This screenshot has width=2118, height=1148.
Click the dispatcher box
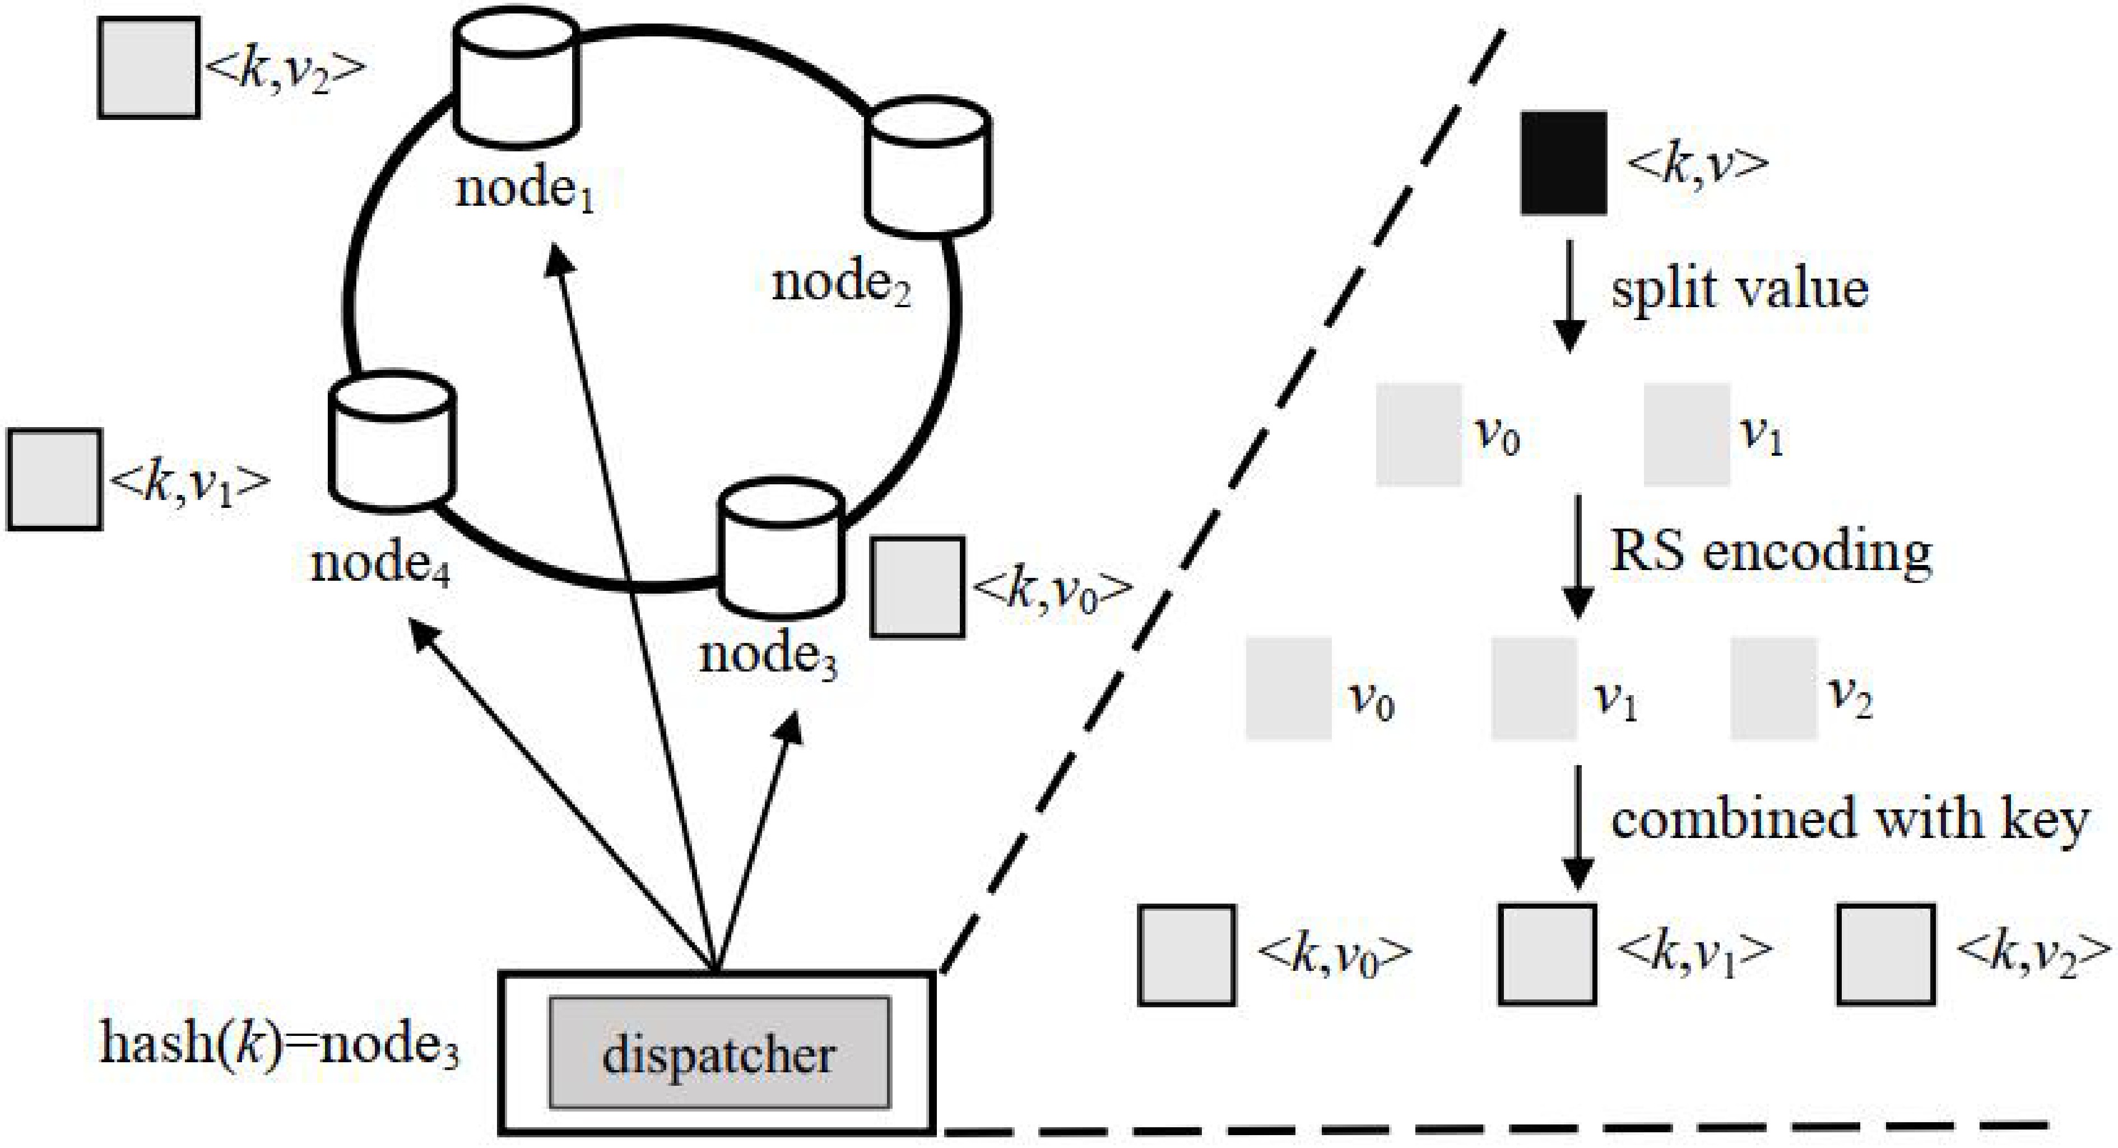(x=718, y=1053)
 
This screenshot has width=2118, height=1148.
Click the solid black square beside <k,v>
(x=1563, y=163)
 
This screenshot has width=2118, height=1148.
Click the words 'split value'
(x=1739, y=289)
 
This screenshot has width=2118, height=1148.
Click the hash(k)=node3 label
(x=280, y=1044)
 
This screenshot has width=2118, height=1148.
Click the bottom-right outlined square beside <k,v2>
(x=1886, y=954)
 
